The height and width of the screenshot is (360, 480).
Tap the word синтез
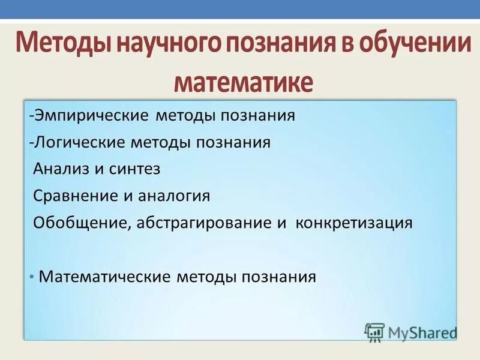point(135,169)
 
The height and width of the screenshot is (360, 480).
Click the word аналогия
point(175,196)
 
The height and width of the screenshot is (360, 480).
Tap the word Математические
point(105,277)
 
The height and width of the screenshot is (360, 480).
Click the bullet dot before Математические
point(31,277)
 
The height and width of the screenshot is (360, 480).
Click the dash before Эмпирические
point(30,116)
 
